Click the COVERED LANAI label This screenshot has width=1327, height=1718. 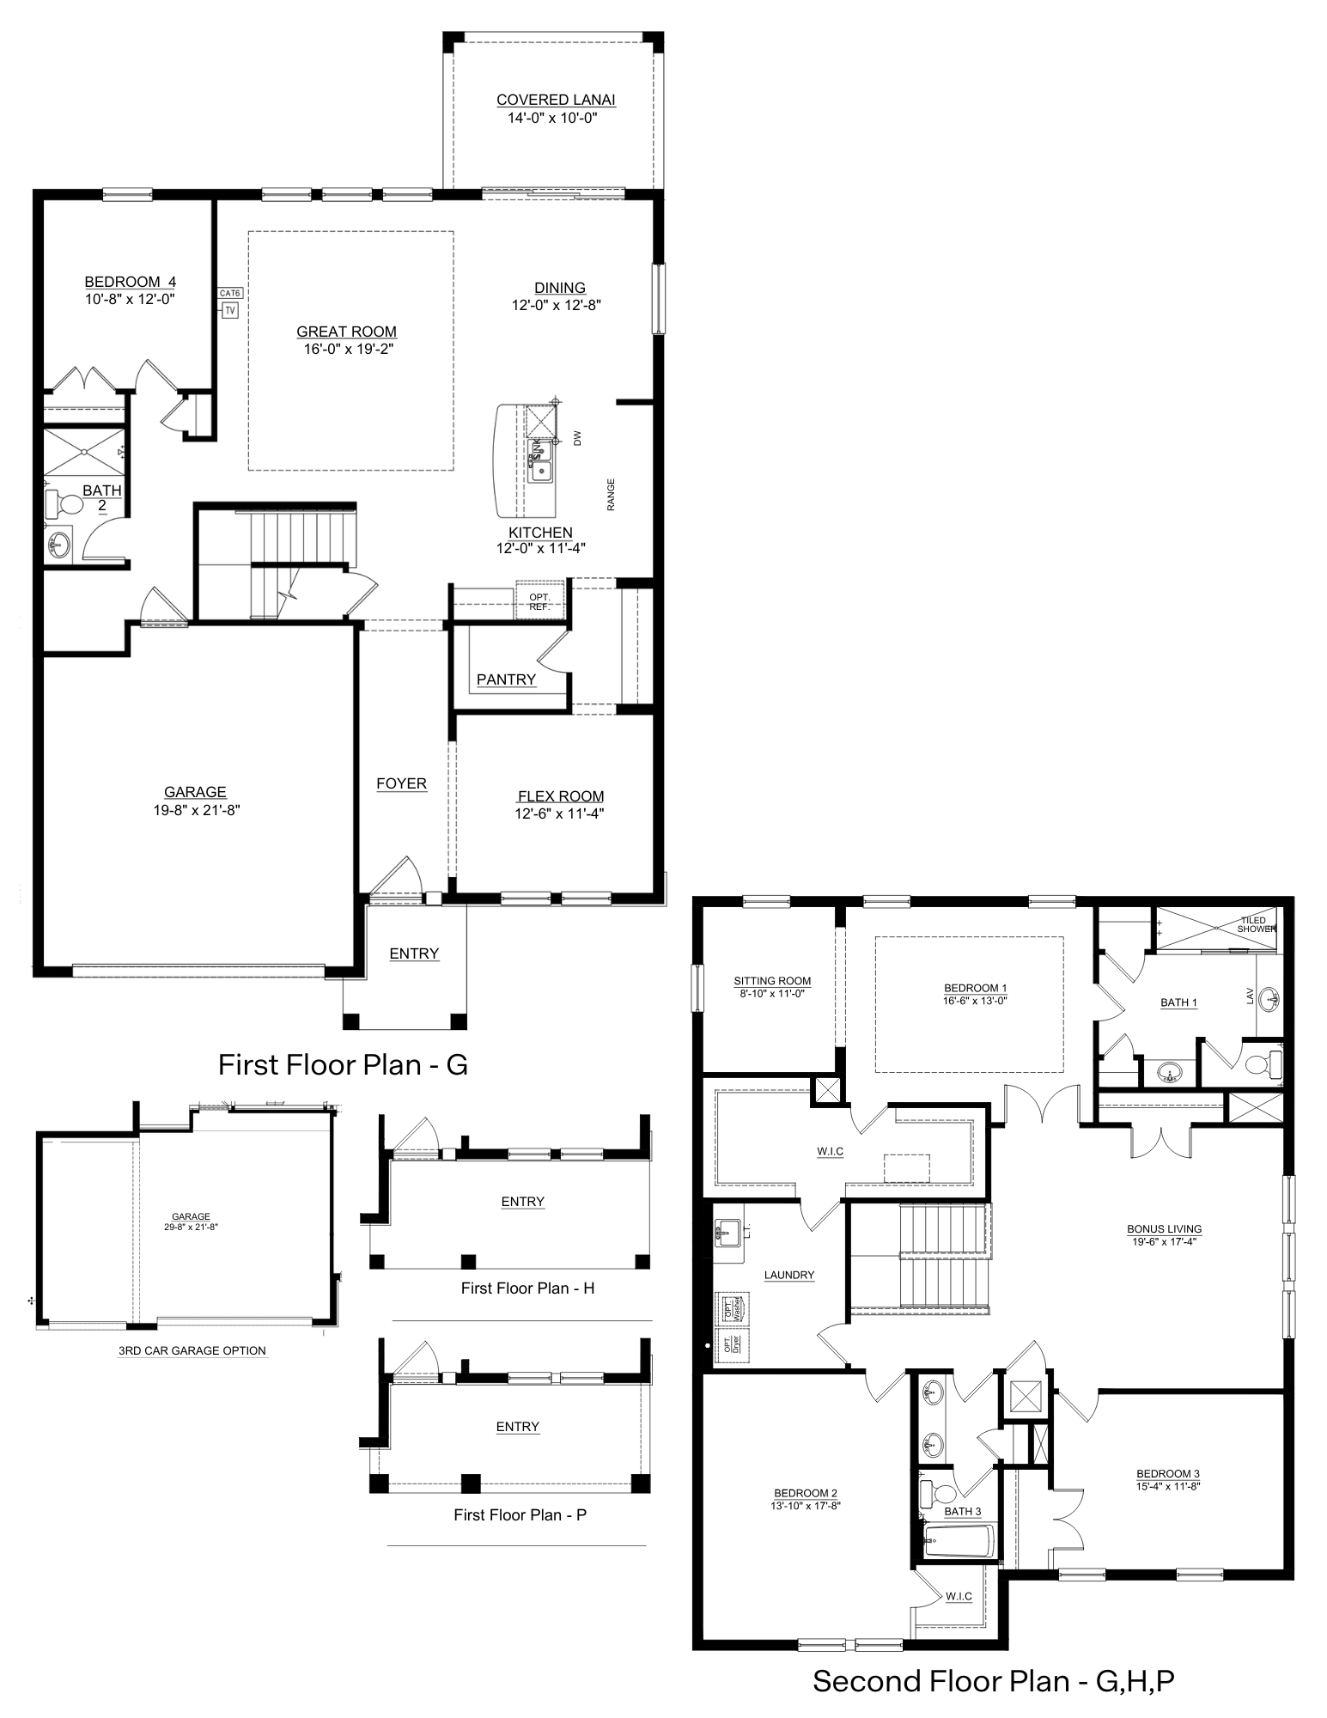pyautogui.click(x=556, y=100)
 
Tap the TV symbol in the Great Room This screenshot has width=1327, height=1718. pyautogui.click(x=229, y=310)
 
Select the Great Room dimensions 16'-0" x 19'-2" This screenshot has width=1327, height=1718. pyautogui.click(x=347, y=349)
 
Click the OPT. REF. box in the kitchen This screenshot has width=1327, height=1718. pyautogui.click(x=539, y=601)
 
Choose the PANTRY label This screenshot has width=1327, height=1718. pyautogui.click(x=506, y=679)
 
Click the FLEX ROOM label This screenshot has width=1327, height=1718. pyautogui.click(x=560, y=796)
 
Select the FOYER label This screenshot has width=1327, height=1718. pyautogui.click(x=401, y=783)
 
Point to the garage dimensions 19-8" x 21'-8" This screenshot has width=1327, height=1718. pyautogui.click(x=191, y=809)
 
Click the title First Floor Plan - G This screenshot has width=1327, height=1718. pyautogui.click(x=343, y=1064)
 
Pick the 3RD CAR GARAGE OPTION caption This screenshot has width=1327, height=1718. pyautogui.click(x=192, y=1350)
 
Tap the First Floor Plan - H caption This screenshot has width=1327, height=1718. pyautogui.click(x=527, y=1288)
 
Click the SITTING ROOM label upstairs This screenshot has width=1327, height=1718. pyautogui.click(x=772, y=981)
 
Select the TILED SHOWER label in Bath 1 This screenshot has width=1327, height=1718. pyautogui.click(x=1255, y=924)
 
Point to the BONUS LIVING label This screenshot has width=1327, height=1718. pyautogui.click(x=1164, y=1229)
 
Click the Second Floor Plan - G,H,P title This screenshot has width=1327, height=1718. pyautogui.click(x=993, y=1680)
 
